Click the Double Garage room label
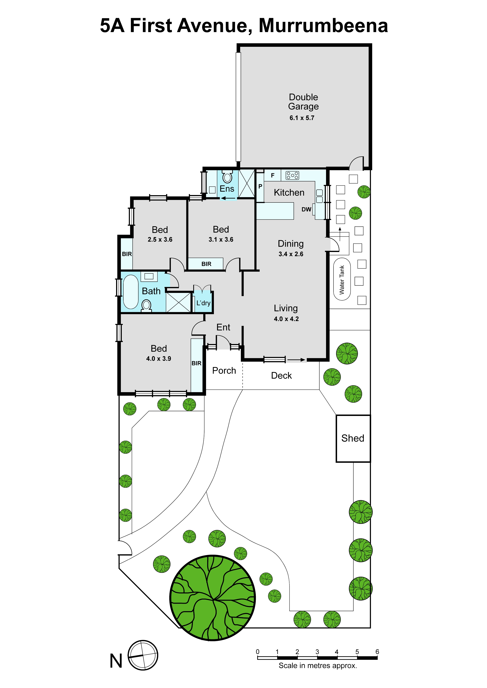tap(303, 102)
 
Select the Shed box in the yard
tap(353, 438)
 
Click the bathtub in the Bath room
tap(131, 292)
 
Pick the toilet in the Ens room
tap(227, 176)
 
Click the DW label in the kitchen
tap(306, 210)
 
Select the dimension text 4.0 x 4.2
tap(286, 319)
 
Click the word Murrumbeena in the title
tap(323, 26)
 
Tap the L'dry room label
tap(203, 303)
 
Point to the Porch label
tap(224, 371)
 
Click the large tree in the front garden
tap(213, 598)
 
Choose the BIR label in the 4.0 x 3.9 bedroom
tap(196, 363)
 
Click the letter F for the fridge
tap(273, 175)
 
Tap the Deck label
tap(281, 375)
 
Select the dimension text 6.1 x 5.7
tap(302, 118)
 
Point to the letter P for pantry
tap(260, 186)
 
